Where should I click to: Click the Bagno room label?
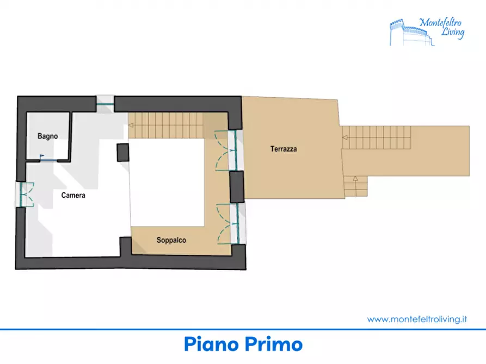tap(48, 136)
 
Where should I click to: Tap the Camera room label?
tap(73, 195)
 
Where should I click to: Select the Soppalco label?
tap(171, 240)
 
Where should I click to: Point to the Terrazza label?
tap(284, 149)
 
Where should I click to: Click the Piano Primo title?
tap(243, 344)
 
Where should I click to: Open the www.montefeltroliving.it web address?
tap(417, 319)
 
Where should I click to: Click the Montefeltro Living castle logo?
tap(427, 32)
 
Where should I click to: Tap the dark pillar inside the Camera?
tap(123, 152)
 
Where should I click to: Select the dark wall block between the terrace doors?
tap(237, 187)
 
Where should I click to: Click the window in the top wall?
tap(105, 104)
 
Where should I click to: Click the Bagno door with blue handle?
tap(48, 159)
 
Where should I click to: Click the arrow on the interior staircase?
tap(131, 125)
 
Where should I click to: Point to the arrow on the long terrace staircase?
tap(344, 137)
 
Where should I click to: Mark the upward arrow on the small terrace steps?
tap(355, 179)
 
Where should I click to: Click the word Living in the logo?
tap(453, 33)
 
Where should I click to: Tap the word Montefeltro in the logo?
tap(440, 22)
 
